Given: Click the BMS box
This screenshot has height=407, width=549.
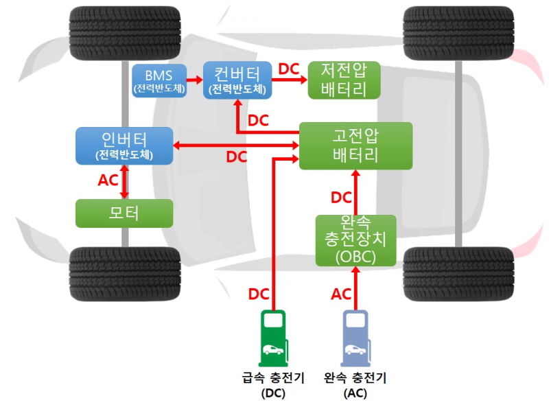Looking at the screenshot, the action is pyautogui.click(x=159, y=81).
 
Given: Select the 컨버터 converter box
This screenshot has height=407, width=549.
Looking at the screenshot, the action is pyautogui.click(x=237, y=80).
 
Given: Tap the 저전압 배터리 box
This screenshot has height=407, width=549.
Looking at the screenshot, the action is pyautogui.click(x=344, y=80).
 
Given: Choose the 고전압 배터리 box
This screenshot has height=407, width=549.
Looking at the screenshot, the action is pyautogui.click(x=355, y=146).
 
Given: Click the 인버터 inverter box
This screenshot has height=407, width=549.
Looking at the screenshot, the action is pyautogui.click(x=124, y=146).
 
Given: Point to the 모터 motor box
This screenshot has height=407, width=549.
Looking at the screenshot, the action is pyautogui.click(x=124, y=213).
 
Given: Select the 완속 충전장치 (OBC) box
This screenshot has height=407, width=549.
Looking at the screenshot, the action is pyautogui.click(x=355, y=240).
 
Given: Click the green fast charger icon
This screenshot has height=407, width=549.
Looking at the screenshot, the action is pyautogui.click(x=273, y=338).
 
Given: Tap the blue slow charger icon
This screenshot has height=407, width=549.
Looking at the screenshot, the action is pyautogui.click(x=355, y=338).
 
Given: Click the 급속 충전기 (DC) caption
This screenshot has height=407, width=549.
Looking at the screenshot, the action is pyautogui.click(x=273, y=385).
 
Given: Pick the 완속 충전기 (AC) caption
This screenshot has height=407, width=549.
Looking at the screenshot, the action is pyautogui.click(x=355, y=385).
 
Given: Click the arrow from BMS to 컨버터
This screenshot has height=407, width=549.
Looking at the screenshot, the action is pyautogui.click(x=195, y=80).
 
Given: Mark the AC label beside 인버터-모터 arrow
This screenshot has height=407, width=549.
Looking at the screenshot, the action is pyautogui.click(x=108, y=181).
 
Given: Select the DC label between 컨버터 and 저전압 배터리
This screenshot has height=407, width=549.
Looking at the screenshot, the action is pyautogui.click(x=289, y=69).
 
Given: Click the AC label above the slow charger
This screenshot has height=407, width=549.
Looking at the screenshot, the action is pyautogui.click(x=341, y=294).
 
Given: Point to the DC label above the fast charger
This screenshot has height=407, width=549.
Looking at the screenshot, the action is pyautogui.click(x=259, y=294).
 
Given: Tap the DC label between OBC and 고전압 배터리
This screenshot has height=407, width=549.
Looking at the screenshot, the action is pyautogui.click(x=341, y=198).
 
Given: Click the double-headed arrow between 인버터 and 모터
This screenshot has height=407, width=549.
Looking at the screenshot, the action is pyautogui.click(x=124, y=182).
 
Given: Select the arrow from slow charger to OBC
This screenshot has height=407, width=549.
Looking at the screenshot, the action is pyautogui.click(x=355, y=288).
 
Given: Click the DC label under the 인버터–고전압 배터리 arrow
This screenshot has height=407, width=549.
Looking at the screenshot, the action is pyautogui.click(x=237, y=157).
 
